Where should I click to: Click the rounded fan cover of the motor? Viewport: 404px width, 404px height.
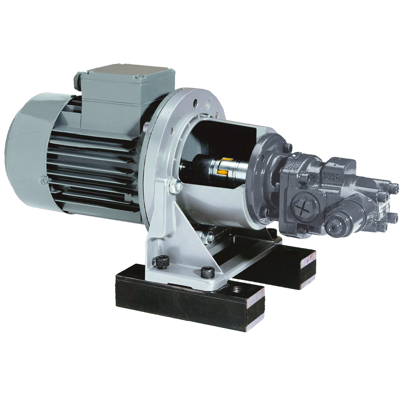(26, 145)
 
